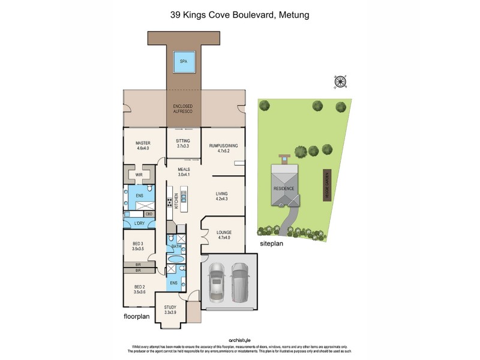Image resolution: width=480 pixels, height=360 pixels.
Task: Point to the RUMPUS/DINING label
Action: [221, 146]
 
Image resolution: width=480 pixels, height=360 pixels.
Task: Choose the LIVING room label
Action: [222, 194]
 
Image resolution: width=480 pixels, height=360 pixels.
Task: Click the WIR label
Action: [138, 175]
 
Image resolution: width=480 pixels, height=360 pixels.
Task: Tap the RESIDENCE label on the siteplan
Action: [284, 188]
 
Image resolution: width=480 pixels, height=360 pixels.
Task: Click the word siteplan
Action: [272, 245]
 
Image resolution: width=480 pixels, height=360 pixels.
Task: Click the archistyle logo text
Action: [239, 339]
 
